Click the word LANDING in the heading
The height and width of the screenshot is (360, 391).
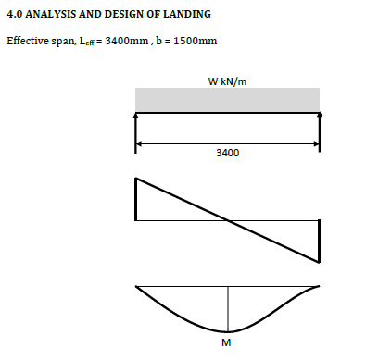[x=187, y=14]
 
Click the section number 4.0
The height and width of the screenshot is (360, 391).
[x=15, y=14]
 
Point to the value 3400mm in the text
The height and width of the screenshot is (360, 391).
[x=127, y=41]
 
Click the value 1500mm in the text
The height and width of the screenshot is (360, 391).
[x=195, y=41]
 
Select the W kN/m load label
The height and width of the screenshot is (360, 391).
[x=227, y=81]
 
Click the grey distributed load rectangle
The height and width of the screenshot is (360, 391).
[x=227, y=100]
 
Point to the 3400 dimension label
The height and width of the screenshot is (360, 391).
[x=228, y=153]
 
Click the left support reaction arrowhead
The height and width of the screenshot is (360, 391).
[x=135, y=116]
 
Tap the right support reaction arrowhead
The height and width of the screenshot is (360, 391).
[x=320, y=115]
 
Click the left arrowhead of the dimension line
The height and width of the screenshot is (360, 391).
[x=138, y=143]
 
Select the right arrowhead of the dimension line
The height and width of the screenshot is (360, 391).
[x=316, y=143]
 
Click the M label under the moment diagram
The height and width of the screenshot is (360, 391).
[x=226, y=342]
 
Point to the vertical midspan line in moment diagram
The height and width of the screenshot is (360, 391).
[x=228, y=309]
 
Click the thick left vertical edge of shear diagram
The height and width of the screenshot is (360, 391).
[x=136, y=199]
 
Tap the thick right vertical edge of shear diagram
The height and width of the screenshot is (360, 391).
[x=319, y=242]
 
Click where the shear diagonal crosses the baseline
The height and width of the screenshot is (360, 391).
[x=228, y=220]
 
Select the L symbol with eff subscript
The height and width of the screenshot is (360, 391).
[x=86, y=42]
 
